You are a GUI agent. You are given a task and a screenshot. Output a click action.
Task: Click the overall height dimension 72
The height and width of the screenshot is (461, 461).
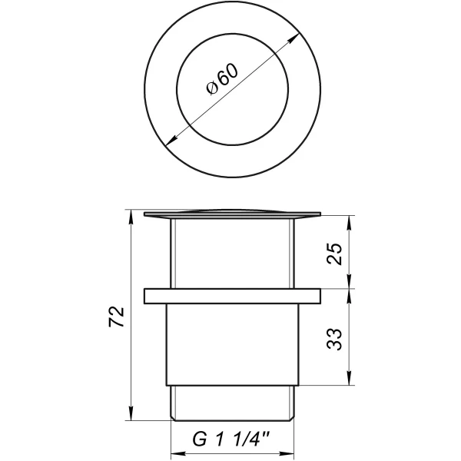click(x=117, y=316)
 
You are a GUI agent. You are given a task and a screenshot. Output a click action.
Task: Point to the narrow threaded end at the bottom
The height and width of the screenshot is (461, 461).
click(x=230, y=401)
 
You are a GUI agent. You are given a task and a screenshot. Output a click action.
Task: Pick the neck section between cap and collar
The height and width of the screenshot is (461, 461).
click(x=230, y=254)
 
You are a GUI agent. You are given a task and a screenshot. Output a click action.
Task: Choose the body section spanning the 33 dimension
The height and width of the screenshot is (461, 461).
click(x=230, y=342)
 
